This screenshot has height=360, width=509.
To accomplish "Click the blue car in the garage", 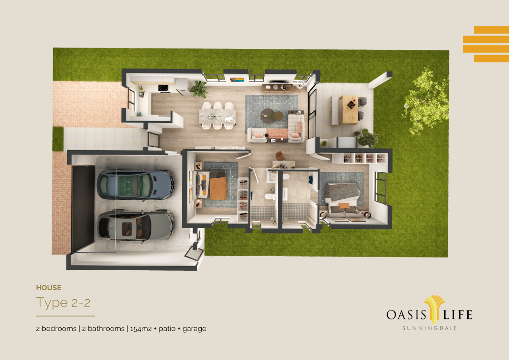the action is [136, 185].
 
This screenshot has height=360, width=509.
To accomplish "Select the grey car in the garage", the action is [135, 226].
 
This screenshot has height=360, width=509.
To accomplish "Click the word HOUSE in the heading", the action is [48, 287].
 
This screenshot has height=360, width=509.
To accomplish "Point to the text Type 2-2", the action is [63, 303].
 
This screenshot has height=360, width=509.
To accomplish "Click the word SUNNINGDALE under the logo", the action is [430, 328].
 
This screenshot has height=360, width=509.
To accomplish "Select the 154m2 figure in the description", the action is [141, 329].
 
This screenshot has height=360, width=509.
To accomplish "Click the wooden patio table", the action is [349, 109].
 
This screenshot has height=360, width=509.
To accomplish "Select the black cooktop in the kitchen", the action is [163, 88].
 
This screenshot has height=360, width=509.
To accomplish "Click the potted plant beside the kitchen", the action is [199, 88].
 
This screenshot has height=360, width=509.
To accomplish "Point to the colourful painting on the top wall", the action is [237, 79].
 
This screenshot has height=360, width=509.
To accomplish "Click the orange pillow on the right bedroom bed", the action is [344, 206].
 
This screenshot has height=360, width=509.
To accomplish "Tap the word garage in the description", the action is [194, 329].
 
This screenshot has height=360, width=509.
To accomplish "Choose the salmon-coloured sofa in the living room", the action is [277, 133].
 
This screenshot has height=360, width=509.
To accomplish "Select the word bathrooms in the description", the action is [106, 329].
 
